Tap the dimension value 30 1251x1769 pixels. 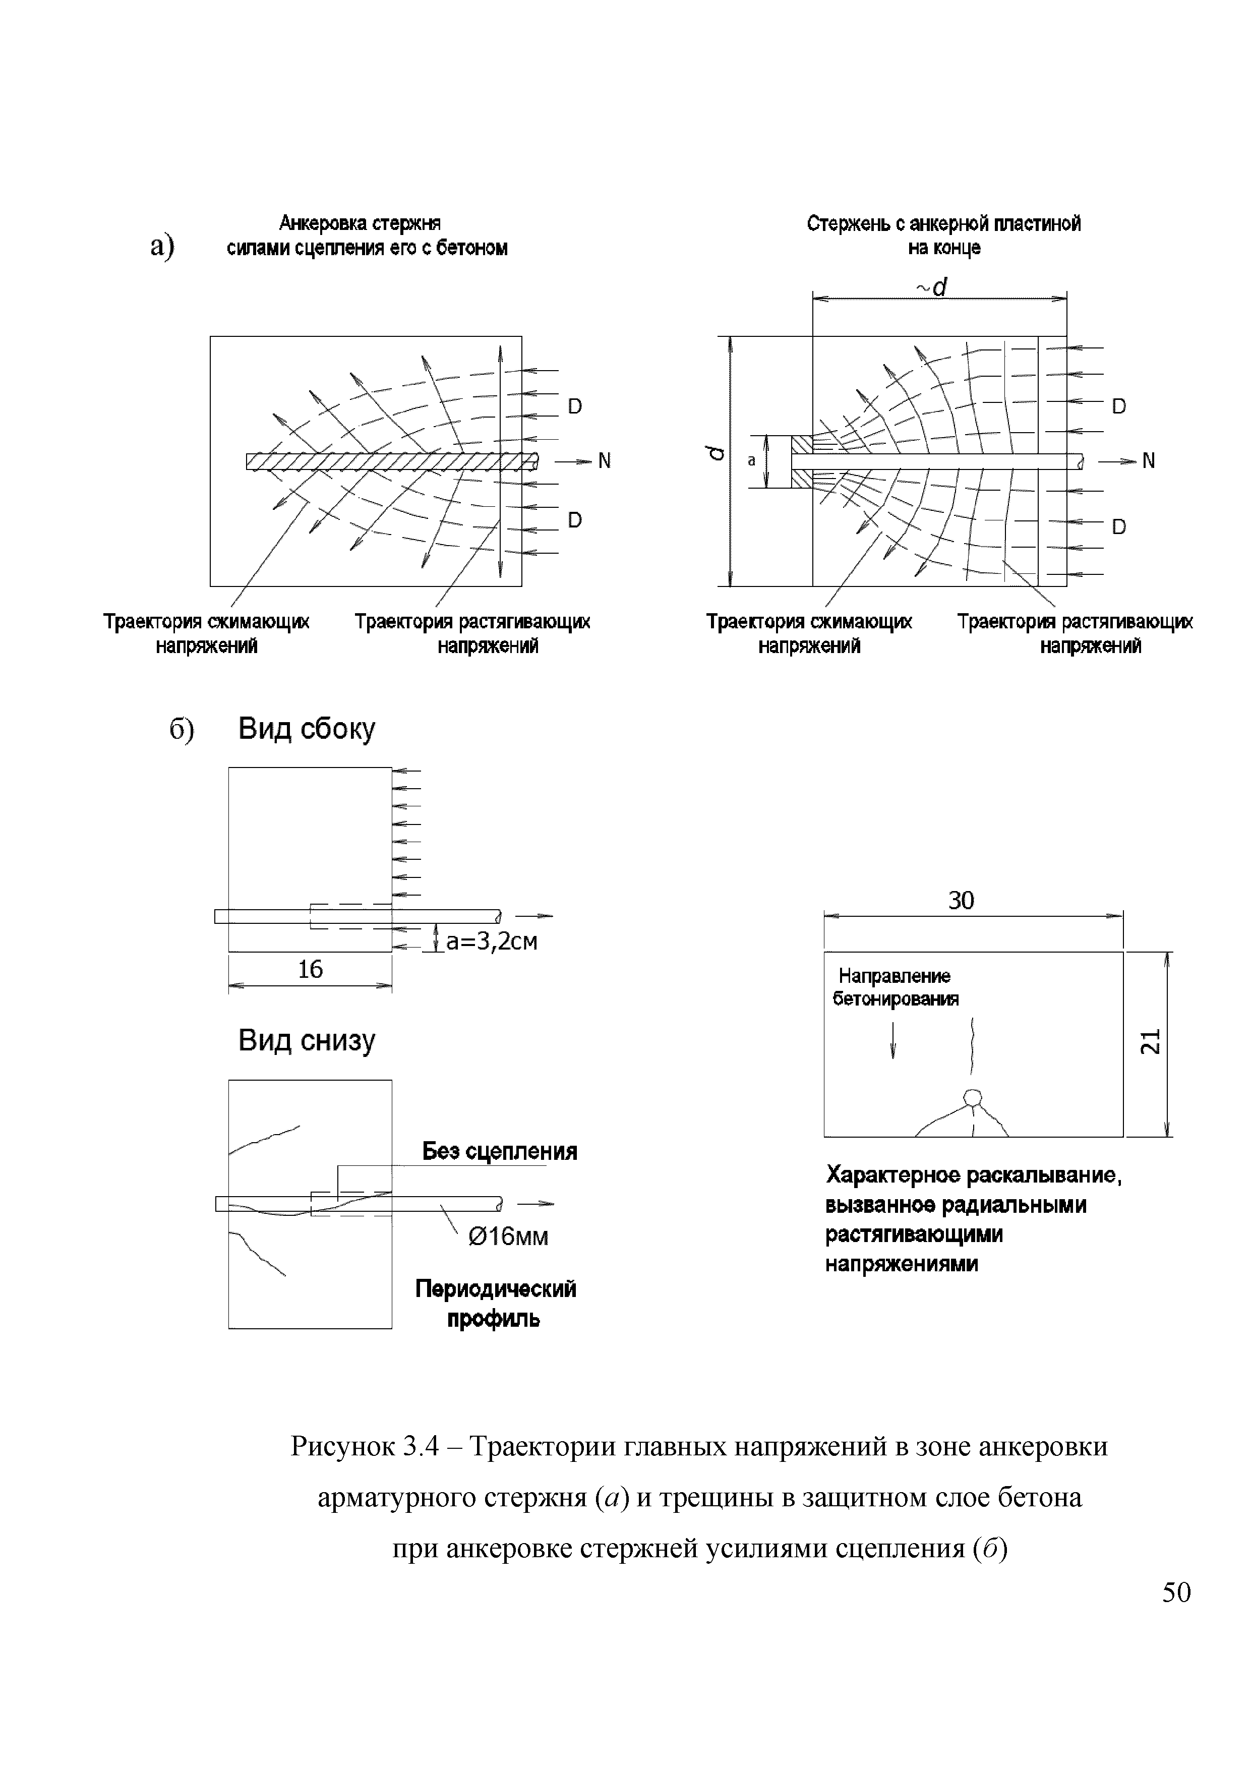962,900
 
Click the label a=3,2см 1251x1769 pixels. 492,941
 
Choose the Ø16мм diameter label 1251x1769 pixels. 508,1236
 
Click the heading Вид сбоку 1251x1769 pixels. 307,728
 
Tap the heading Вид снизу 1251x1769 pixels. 307,1040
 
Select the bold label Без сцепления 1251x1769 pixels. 499,1151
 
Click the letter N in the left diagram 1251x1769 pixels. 604,461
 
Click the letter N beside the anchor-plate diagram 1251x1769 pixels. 1149,461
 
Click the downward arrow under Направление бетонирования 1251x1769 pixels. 893,1040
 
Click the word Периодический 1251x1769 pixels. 495,1289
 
